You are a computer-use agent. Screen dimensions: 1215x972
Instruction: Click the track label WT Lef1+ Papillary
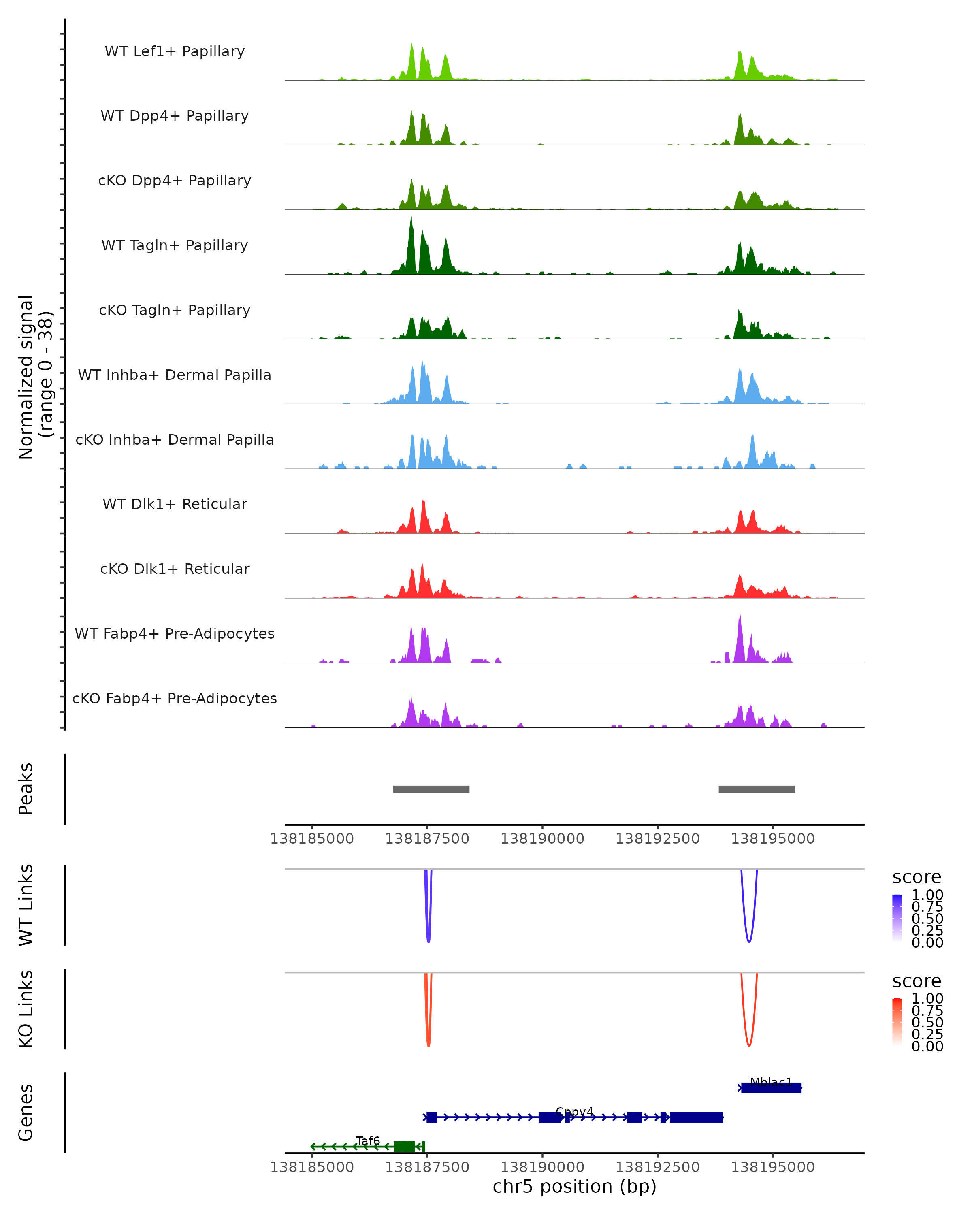175,51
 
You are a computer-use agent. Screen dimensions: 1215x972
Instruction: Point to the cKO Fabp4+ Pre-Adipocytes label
175,698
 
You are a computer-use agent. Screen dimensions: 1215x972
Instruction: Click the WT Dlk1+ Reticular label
175,504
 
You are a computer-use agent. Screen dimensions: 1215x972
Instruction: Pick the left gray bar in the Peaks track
431,789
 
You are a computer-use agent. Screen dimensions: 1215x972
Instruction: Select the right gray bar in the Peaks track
757,789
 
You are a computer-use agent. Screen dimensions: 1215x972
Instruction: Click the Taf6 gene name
368,1140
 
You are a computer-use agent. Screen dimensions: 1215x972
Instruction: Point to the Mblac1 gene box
771,1088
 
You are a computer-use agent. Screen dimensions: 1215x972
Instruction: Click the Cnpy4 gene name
574,1112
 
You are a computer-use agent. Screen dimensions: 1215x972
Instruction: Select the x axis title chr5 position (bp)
574,1186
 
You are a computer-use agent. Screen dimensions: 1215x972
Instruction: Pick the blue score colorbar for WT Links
897,918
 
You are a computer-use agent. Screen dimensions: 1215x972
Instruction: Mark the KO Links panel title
26,1009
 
